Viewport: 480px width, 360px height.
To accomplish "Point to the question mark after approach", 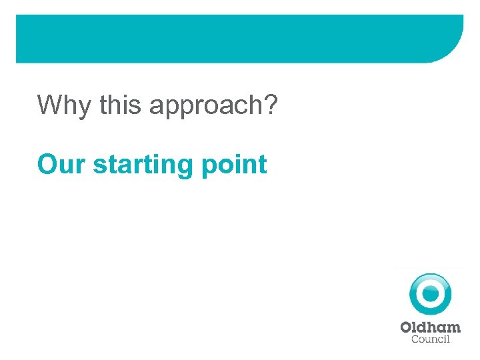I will (x=270, y=105).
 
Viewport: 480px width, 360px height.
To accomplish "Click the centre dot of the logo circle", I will (x=430, y=293).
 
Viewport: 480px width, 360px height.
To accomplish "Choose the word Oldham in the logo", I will (x=430, y=327).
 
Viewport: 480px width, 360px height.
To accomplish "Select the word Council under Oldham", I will (x=431, y=339).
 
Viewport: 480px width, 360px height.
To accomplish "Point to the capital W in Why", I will (x=51, y=105).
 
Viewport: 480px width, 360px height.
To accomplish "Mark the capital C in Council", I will (x=415, y=339).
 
